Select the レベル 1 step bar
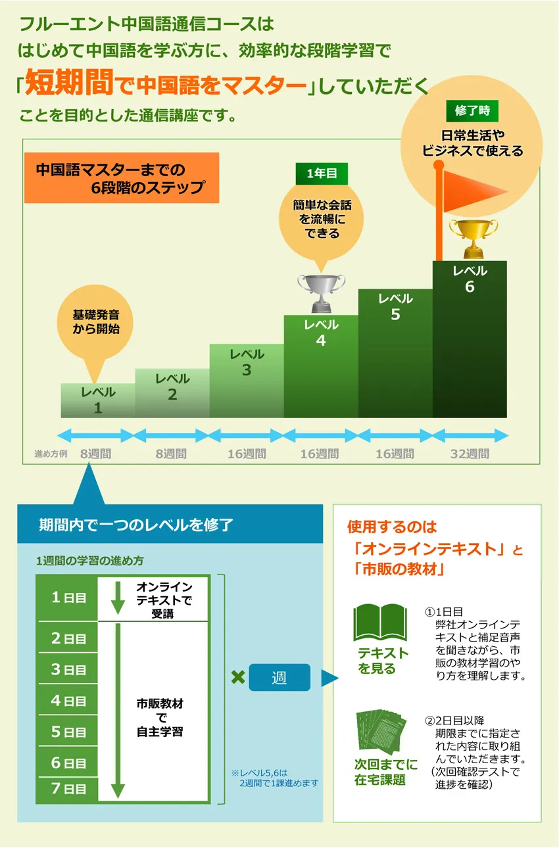(98, 400)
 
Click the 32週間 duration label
(470, 454)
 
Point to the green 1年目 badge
(322, 174)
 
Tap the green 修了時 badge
(472, 110)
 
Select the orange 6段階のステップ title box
(121, 177)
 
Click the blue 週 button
(279, 678)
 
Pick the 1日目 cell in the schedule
(68, 598)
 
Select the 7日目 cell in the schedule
(68, 789)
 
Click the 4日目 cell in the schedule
(68, 701)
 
